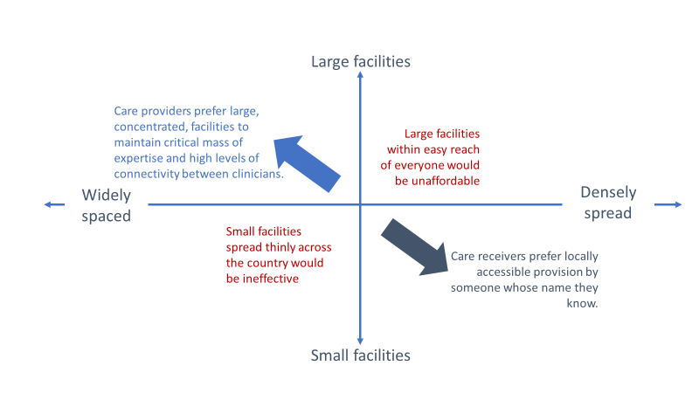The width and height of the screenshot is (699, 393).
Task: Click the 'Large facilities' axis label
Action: point(361,61)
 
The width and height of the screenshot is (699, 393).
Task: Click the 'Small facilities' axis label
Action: point(360,355)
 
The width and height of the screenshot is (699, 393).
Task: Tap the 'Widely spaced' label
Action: point(106,205)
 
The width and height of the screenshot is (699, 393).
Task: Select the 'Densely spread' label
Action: point(608,203)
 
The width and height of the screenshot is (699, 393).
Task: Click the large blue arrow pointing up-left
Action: point(308,163)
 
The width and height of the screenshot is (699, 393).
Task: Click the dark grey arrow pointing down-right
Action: point(414,247)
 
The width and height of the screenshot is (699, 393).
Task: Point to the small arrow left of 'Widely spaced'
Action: point(54,204)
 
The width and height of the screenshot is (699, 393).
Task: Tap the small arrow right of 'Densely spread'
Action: point(668,204)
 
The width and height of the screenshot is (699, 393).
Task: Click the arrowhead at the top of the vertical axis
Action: point(360,75)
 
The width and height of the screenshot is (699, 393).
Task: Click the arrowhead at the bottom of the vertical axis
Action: point(360,341)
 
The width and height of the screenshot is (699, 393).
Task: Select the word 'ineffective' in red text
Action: point(271,279)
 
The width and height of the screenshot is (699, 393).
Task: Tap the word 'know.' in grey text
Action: point(582,303)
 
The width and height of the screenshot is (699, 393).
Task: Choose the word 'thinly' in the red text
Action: point(280,247)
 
